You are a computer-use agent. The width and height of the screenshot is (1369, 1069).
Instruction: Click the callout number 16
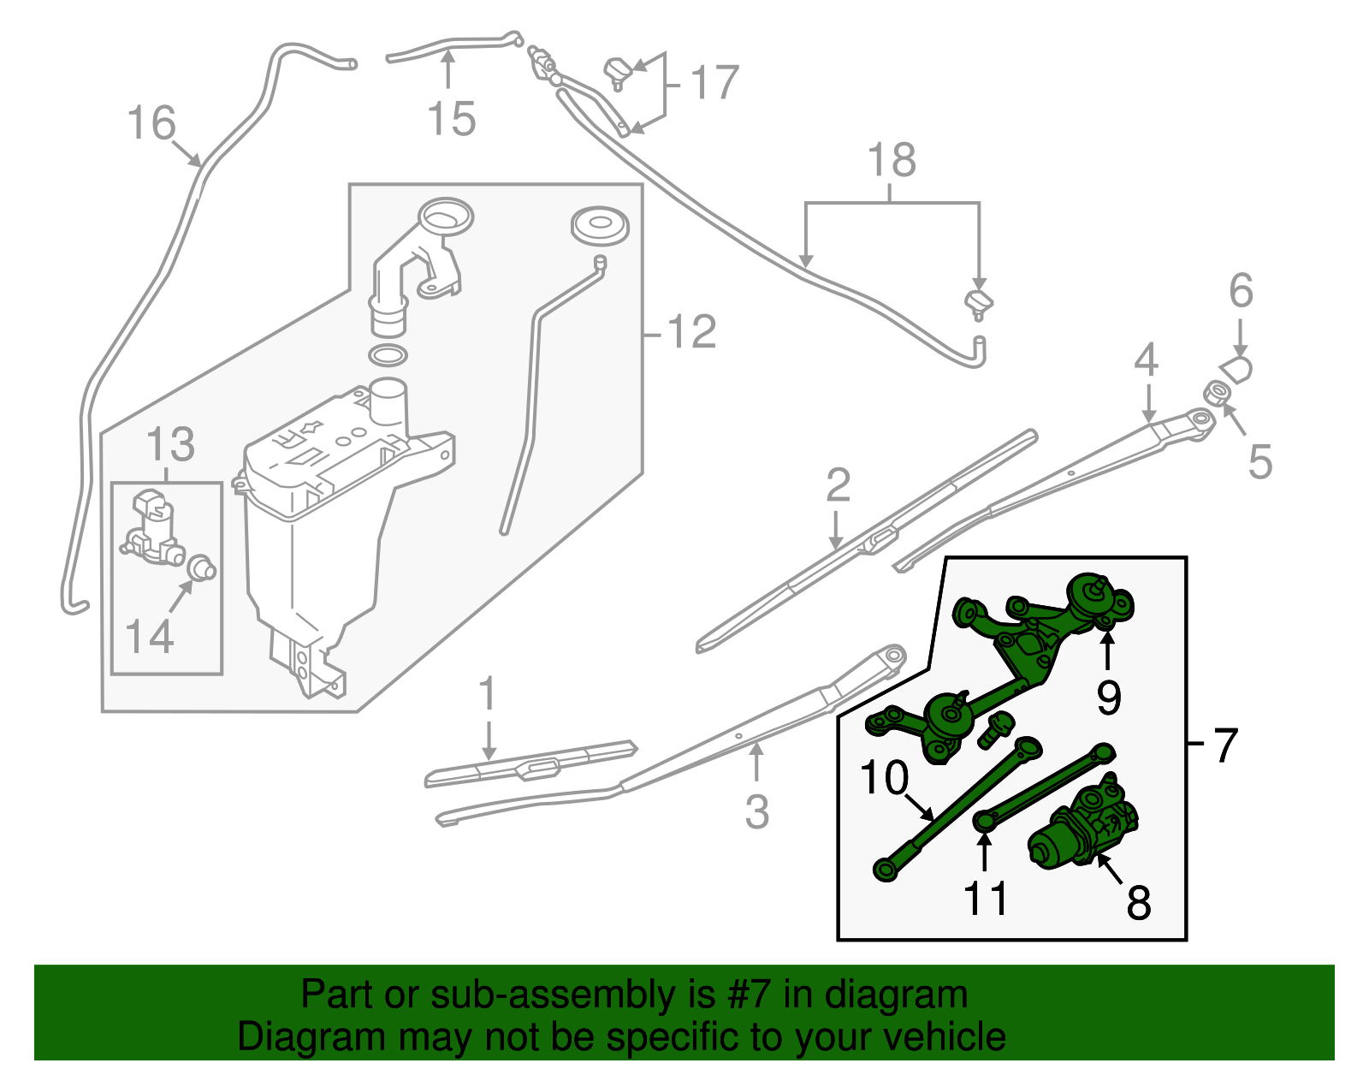(151, 123)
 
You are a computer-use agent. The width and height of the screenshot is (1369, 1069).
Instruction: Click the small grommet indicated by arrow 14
(203, 567)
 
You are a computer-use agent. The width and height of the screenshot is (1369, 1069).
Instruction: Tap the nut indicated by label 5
(1216, 394)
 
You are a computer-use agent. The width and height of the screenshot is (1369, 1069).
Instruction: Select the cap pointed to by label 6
(1237, 369)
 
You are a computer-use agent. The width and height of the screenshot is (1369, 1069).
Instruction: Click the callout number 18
(892, 160)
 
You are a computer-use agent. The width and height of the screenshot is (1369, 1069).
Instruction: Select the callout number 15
(451, 118)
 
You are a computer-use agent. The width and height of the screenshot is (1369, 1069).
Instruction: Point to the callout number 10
(884, 778)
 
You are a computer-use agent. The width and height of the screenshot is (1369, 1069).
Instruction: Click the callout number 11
(986, 899)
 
